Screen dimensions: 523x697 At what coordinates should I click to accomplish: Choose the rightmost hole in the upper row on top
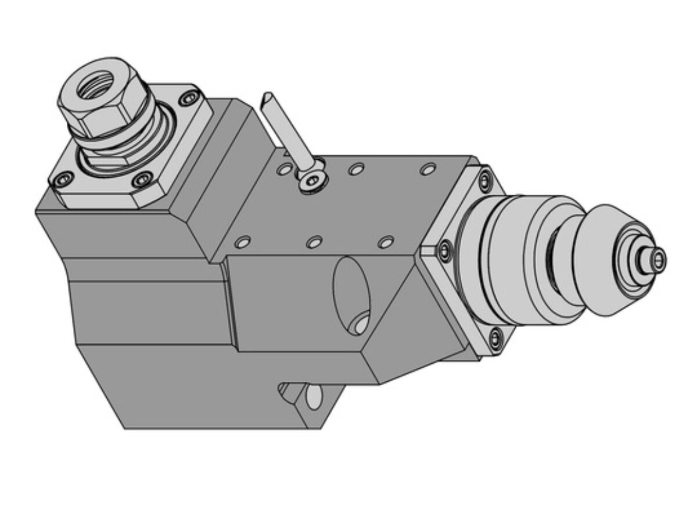[428, 170]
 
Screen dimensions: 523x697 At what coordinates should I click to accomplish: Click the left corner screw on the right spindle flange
[444, 250]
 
